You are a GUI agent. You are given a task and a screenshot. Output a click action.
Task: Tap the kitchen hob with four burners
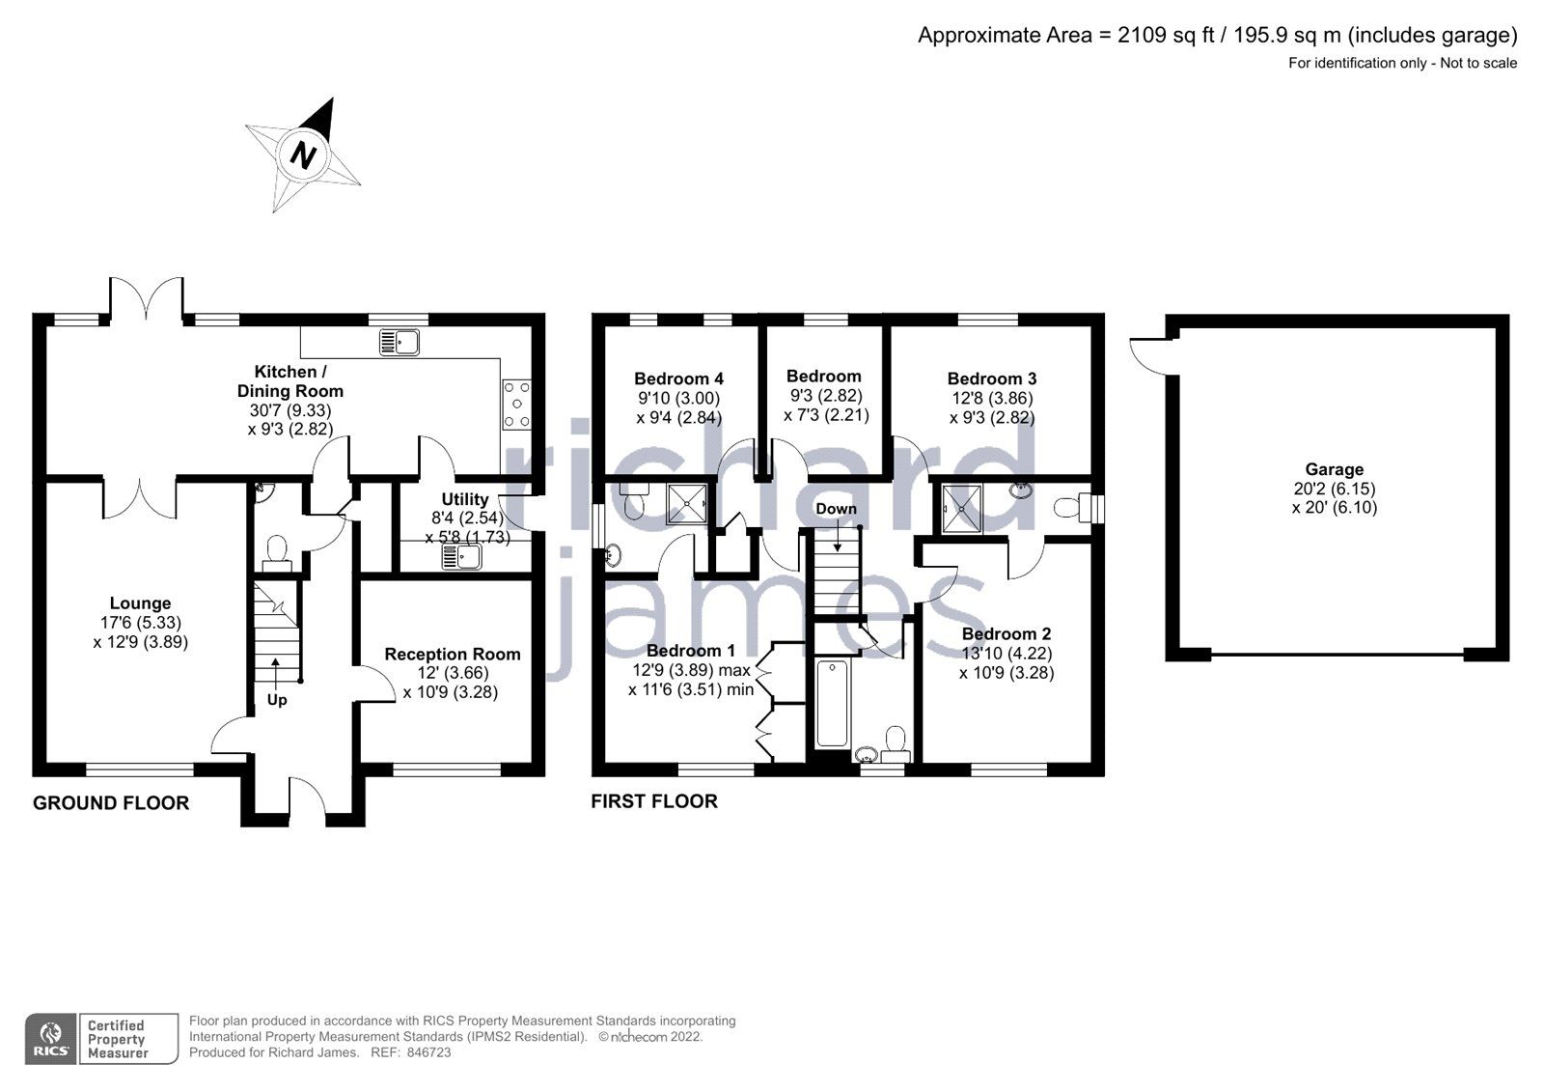click(x=516, y=404)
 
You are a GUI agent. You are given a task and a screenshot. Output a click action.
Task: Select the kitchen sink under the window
click(x=400, y=342)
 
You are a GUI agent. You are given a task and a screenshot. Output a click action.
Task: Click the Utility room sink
click(x=462, y=557)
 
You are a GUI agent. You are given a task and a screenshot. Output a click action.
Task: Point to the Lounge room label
click(x=140, y=603)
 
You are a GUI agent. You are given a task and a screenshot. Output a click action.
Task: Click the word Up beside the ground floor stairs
click(x=277, y=700)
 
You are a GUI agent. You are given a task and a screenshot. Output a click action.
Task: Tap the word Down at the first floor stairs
click(x=836, y=509)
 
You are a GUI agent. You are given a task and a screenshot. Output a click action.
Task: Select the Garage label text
click(x=1335, y=470)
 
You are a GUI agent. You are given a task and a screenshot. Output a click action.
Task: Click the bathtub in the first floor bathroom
click(x=831, y=703)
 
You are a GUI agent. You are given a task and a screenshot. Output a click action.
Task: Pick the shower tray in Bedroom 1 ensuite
click(x=688, y=503)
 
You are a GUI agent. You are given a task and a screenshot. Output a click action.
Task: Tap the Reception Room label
click(x=452, y=655)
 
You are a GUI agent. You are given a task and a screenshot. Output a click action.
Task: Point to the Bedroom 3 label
click(x=991, y=379)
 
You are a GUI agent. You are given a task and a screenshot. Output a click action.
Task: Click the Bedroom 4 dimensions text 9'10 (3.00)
click(x=677, y=399)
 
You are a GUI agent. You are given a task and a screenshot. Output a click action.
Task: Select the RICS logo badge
click(x=50, y=1039)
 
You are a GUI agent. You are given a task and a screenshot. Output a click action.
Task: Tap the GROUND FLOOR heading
click(x=111, y=803)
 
